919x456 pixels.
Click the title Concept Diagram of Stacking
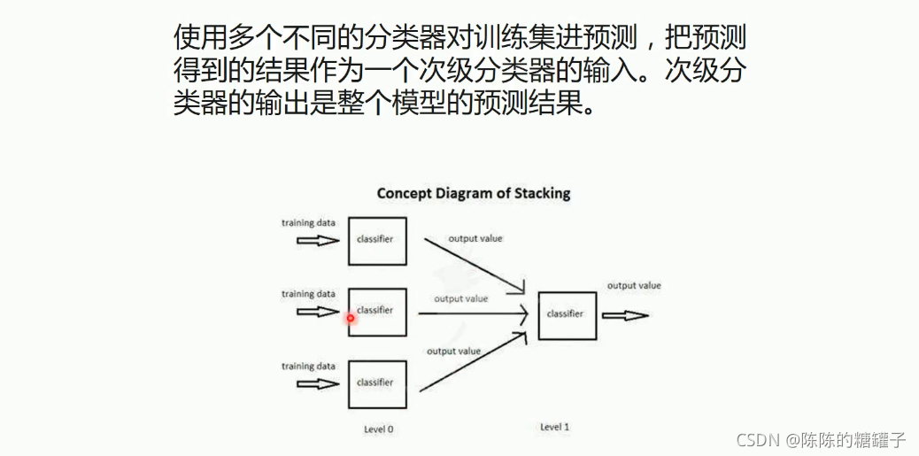474,193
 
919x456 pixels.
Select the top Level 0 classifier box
377,240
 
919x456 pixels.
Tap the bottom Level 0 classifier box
377,383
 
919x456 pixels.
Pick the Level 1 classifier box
568,314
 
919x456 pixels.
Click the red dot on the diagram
351,318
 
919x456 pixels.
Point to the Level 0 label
378,429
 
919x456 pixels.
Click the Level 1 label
554,427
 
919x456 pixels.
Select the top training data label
308,222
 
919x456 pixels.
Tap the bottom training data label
308,366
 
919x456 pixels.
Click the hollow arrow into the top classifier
317,240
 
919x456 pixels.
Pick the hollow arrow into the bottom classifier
317,383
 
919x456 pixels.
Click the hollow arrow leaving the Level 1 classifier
626,315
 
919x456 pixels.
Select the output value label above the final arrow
634,285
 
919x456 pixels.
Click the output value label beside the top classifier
475,239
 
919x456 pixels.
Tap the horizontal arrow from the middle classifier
474,313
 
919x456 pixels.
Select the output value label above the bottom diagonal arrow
453,352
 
